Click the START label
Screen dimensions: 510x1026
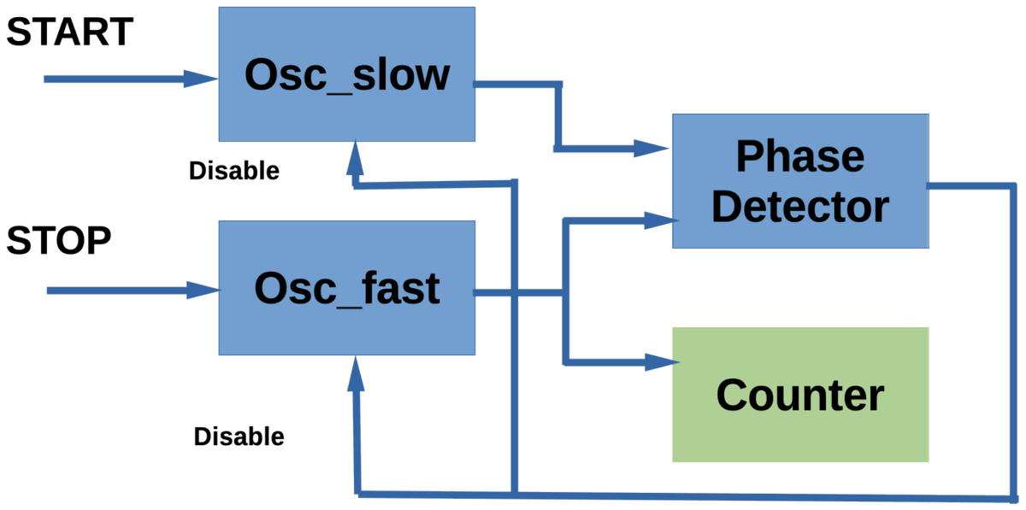pos(70,32)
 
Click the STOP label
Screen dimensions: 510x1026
pos(59,242)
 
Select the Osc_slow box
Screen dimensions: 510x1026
pos(346,74)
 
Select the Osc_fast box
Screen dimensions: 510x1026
pos(346,288)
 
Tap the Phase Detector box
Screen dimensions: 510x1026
pos(799,181)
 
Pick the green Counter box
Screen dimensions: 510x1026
pos(799,395)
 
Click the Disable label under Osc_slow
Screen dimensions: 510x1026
pos(234,171)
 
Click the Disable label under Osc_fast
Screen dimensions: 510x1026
pos(239,437)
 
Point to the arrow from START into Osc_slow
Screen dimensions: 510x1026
pos(128,79)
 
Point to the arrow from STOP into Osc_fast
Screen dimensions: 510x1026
pos(128,291)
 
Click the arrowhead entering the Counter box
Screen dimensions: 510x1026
pos(659,362)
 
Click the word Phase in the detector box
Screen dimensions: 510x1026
pos(799,157)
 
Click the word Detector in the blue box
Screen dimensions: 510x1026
pos(799,207)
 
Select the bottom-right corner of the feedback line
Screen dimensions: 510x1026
pos(1012,496)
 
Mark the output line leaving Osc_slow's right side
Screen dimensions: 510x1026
pos(517,84)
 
